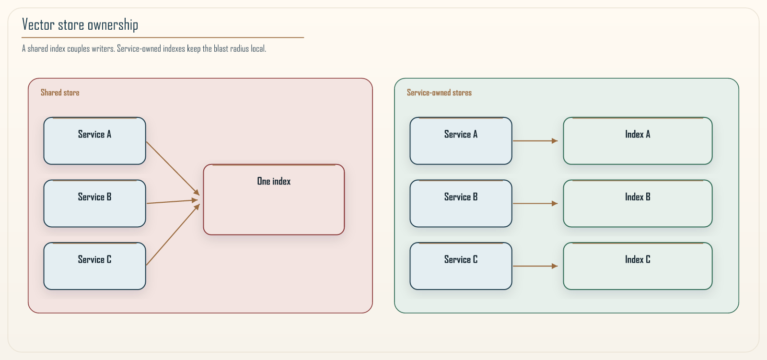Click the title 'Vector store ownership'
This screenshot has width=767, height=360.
(80, 24)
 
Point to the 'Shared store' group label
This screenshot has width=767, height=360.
(60, 93)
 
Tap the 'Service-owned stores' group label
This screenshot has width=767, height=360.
(439, 93)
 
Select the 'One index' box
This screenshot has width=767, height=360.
(274, 200)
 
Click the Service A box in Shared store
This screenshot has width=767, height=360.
(94, 141)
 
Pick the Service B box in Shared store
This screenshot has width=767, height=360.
(94, 203)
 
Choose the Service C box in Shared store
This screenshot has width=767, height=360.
(94, 266)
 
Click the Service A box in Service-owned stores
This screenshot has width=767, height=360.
(461, 141)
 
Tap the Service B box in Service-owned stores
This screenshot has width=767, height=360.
(461, 203)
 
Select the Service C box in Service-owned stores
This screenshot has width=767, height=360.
(461, 266)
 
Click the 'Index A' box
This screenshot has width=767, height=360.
(638, 141)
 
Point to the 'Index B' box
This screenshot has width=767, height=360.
(638, 203)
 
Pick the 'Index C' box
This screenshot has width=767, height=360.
(638, 266)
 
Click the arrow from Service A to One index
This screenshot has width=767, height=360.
(173, 168)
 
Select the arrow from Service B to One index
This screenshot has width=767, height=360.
(173, 201)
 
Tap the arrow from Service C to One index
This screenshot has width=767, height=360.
(173, 234)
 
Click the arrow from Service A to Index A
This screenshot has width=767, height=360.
(535, 141)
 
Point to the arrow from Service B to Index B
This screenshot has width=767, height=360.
(535, 203)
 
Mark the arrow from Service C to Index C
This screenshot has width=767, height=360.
(535, 266)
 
